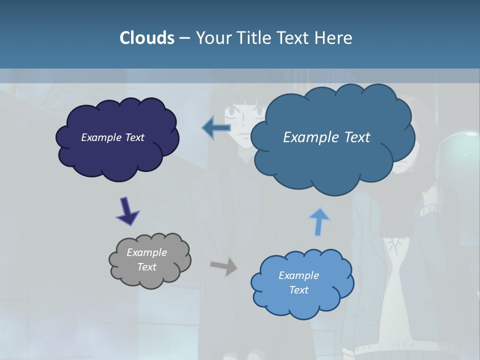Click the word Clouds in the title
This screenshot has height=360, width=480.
point(146,38)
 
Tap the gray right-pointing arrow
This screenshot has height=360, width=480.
point(224,266)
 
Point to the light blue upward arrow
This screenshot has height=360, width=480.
point(319,222)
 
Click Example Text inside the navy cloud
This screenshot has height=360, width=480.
point(112,137)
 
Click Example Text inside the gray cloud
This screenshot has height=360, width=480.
point(146,259)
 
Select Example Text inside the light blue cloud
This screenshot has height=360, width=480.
point(298,282)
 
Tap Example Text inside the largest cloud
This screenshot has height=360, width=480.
point(326,137)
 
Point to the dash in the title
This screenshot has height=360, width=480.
point(184,38)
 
